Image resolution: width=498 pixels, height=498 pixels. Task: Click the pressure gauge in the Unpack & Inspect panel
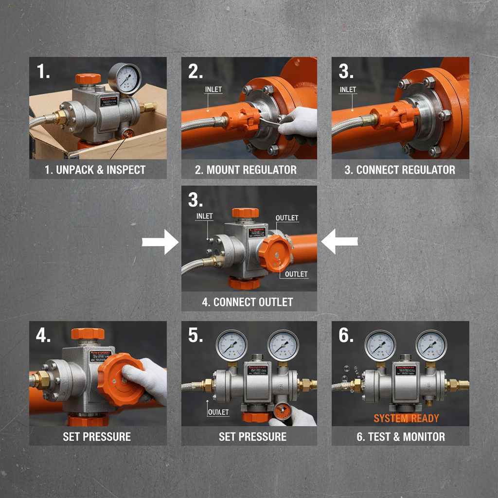click(x=124, y=78)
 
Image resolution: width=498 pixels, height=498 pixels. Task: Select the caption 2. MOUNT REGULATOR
click(x=249, y=170)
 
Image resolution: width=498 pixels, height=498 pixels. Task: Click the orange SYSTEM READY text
click(x=406, y=418)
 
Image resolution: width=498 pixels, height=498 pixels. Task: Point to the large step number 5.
click(x=195, y=335)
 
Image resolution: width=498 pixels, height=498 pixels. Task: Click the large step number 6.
click(x=345, y=335)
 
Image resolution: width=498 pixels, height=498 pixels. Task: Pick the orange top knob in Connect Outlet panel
click(x=245, y=213)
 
